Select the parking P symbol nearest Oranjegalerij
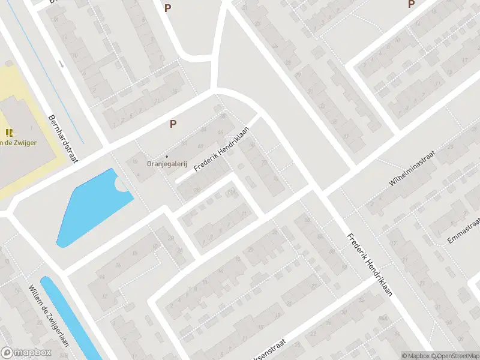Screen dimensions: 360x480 173,124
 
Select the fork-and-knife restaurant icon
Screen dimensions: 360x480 8,133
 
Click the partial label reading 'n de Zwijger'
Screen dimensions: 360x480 19,142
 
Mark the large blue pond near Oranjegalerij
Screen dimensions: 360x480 90,207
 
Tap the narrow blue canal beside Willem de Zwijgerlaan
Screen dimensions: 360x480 69,318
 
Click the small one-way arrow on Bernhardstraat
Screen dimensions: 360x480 61,63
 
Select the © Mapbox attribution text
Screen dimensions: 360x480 415,356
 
